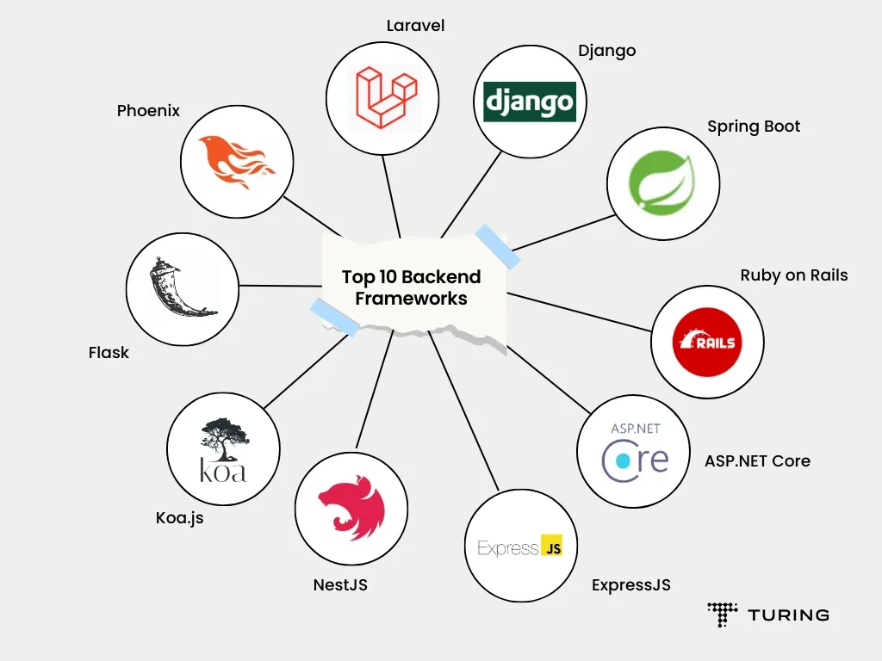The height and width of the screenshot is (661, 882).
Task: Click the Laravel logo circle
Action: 383,94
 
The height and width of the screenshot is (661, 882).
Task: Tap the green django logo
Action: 530,102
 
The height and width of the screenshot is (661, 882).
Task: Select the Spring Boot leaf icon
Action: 662,182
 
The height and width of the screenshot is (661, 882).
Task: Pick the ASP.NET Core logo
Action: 634,451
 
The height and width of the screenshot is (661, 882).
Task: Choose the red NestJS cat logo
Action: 351,507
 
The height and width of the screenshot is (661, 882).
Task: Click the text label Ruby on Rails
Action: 794,275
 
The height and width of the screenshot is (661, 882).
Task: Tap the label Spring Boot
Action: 754,127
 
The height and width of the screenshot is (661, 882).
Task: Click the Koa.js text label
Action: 180,518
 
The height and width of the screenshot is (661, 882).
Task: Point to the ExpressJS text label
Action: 630,585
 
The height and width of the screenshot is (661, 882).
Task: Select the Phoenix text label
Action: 148,111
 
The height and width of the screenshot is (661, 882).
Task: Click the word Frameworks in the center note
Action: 412,299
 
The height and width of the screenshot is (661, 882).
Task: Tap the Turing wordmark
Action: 788,615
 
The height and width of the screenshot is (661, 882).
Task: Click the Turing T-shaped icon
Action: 723,614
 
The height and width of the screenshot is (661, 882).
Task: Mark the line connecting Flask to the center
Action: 280,285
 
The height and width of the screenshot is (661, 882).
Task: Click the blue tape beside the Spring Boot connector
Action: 498,245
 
